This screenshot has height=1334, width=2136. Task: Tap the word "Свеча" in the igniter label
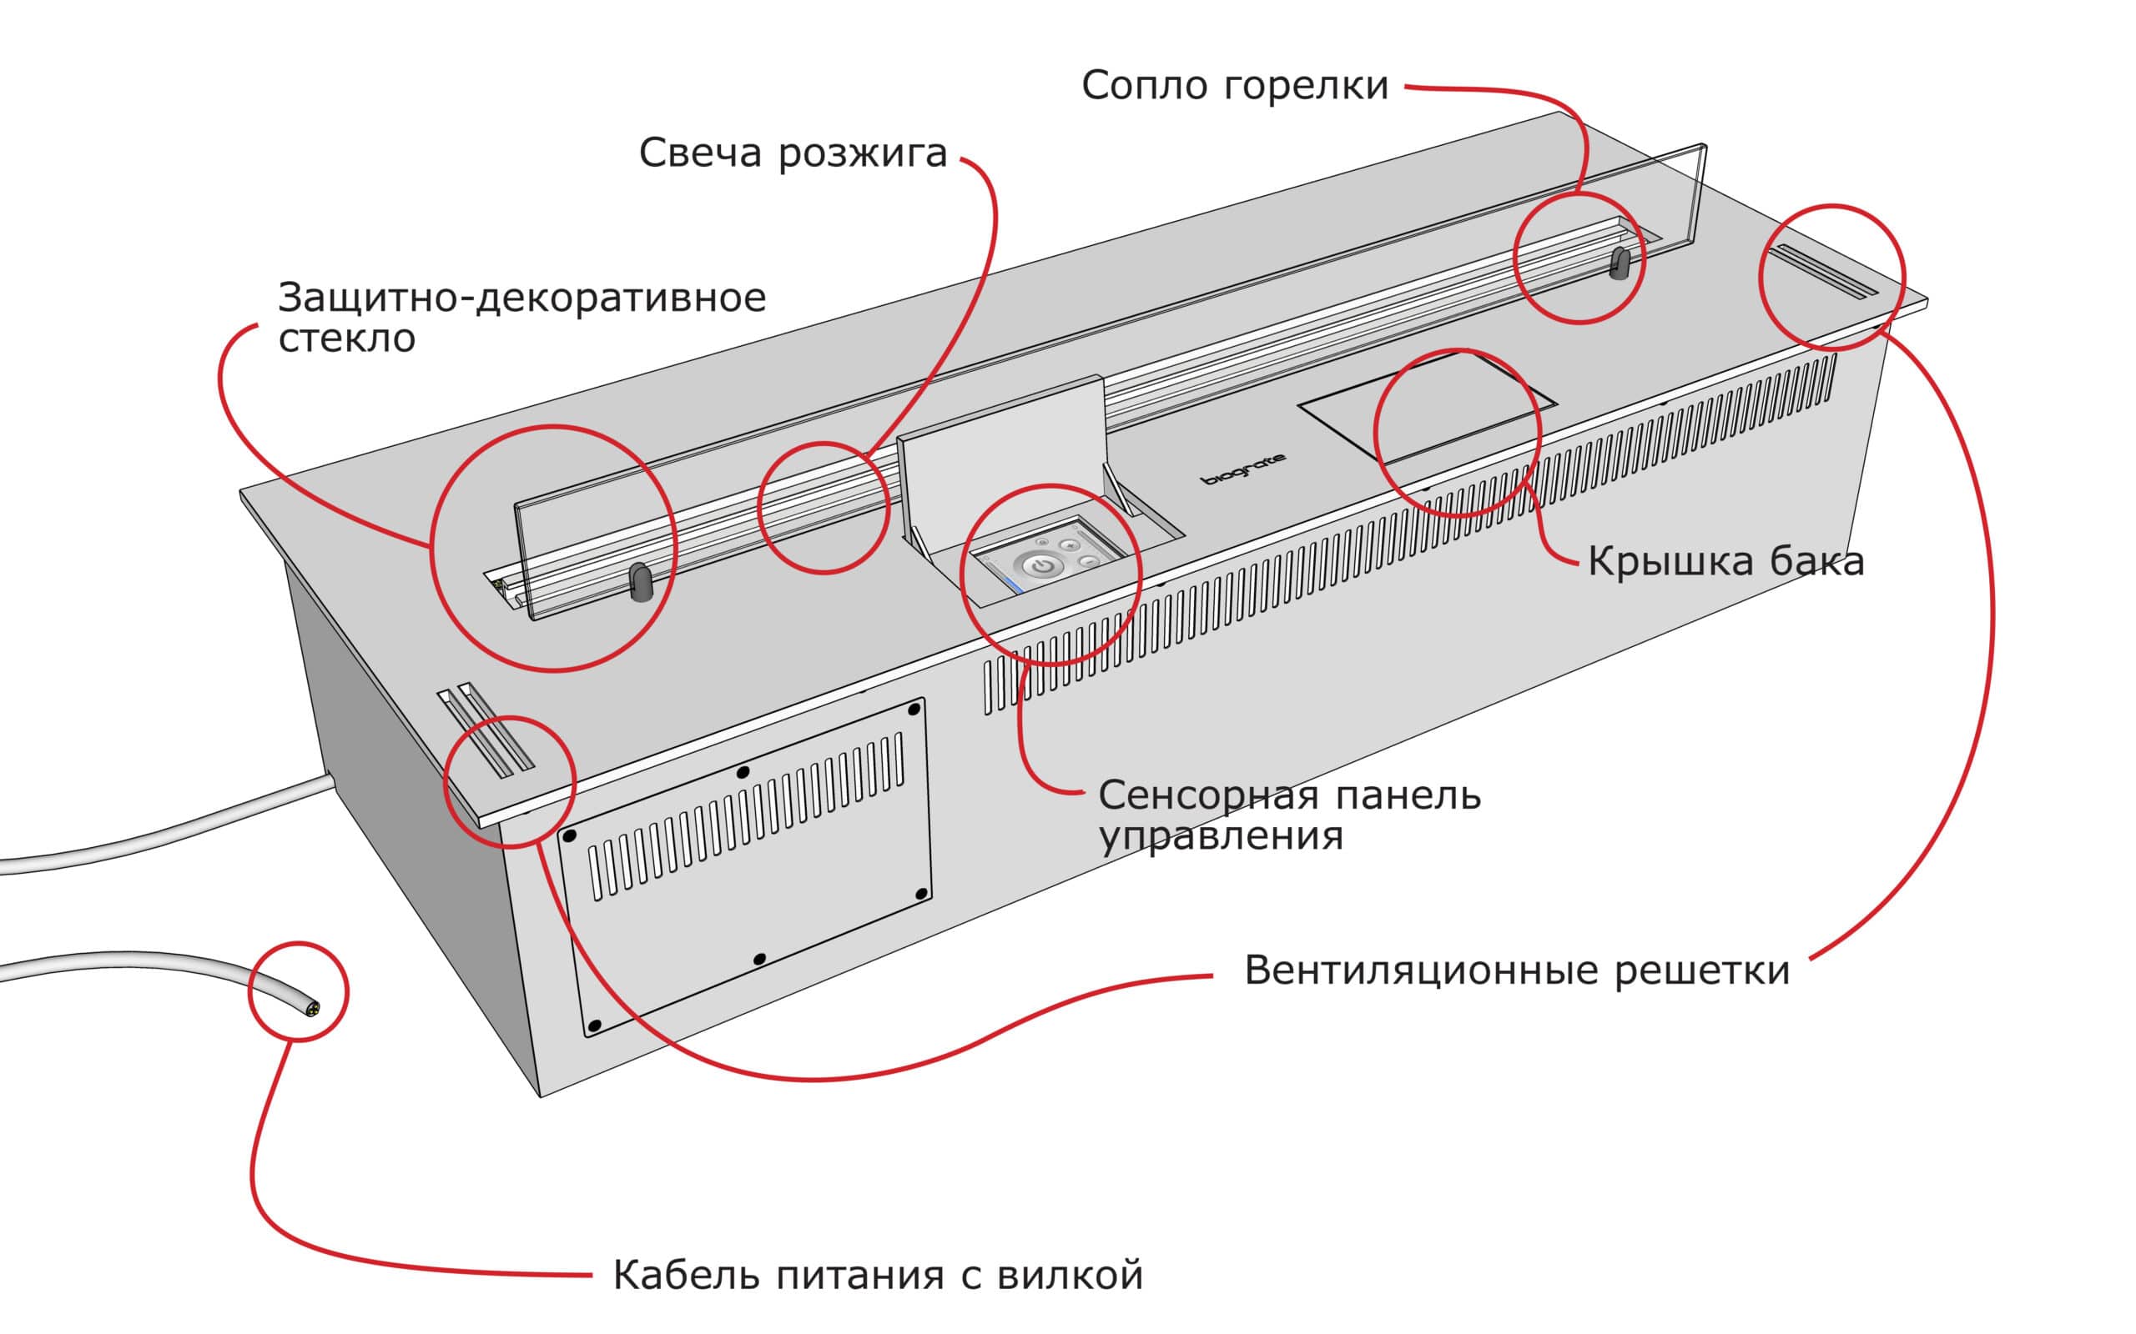pyautogui.click(x=699, y=153)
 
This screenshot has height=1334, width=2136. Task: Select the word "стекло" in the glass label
pyautogui.click(x=346, y=339)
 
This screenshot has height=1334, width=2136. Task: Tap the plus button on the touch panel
pyautogui.click(x=1070, y=545)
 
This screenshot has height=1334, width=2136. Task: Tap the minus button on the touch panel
pyautogui.click(x=1088, y=561)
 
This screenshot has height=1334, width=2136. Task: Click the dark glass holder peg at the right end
pyautogui.click(x=1620, y=263)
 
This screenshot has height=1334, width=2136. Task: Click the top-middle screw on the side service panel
pyautogui.click(x=743, y=772)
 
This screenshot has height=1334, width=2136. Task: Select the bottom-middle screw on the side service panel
pyautogui.click(x=759, y=959)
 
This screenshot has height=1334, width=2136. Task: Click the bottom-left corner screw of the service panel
pyautogui.click(x=594, y=1026)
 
